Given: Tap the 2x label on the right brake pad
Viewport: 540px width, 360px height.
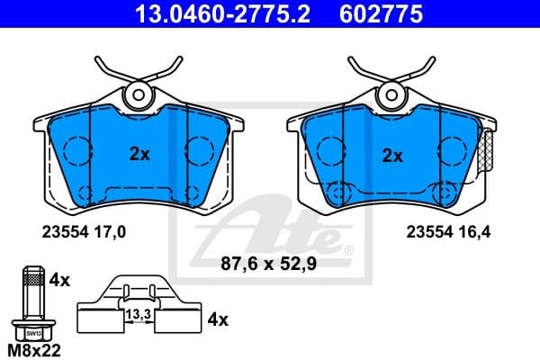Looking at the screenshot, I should pos(391,155).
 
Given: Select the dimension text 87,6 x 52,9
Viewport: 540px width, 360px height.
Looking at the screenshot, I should pos(268,265).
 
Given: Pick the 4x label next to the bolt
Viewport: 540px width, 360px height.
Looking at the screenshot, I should pos(59,280).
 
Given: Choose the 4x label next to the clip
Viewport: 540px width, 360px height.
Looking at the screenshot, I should pos(218,319).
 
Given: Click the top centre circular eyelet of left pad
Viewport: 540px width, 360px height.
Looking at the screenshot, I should pos(139,93).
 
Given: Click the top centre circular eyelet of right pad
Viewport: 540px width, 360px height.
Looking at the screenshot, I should pos(393,93).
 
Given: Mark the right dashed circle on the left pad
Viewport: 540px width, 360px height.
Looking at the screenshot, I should pos(197,149).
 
